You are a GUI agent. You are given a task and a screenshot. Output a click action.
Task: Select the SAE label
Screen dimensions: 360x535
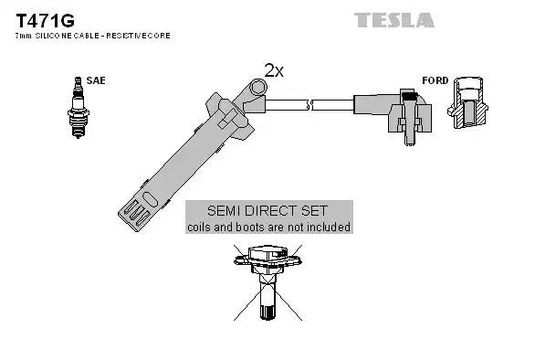(x=97, y=80)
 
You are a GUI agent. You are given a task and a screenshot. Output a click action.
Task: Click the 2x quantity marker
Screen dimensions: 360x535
(x=273, y=70)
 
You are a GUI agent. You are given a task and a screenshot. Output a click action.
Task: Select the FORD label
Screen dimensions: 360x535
(x=435, y=80)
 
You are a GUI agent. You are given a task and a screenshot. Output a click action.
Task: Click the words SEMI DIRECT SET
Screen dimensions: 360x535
(x=267, y=209)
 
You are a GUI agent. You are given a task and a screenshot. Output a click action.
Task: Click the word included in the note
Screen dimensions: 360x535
(x=328, y=226)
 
